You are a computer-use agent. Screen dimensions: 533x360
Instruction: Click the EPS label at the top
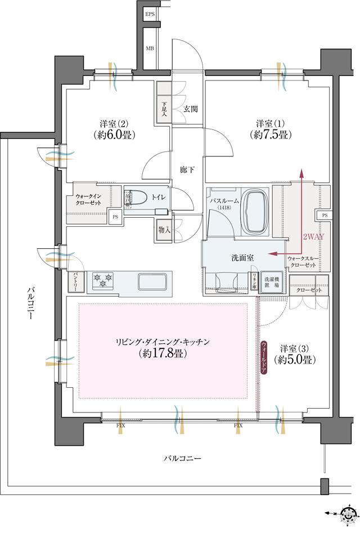click(150, 14)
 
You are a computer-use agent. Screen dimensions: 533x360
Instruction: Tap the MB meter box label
click(150, 48)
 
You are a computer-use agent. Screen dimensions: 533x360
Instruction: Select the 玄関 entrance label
click(190, 109)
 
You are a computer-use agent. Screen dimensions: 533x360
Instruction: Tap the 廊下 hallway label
click(187, 169)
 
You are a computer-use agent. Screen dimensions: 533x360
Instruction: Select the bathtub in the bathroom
click(256, 212)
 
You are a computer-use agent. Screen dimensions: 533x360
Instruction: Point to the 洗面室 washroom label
click(242, 257)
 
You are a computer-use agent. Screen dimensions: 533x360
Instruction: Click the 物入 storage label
click(164, 230)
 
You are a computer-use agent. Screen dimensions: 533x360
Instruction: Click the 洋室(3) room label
click(293, 347)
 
